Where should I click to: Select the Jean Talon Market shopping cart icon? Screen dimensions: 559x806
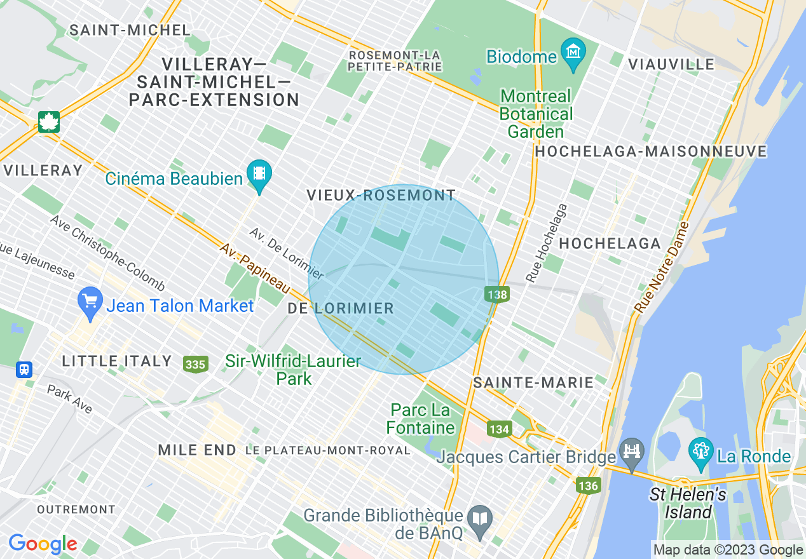pos(90,302)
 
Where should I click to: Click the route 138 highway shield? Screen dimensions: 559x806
pos(496,293)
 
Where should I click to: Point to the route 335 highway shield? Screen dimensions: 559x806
pos(195,364)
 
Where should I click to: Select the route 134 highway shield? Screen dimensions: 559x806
pos(500,429)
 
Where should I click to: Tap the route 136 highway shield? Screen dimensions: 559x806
pos(588,485)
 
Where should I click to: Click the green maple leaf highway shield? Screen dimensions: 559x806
pos(49,121)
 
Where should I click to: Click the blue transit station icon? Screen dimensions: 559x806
pos(24,369)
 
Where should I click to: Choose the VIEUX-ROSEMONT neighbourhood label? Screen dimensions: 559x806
pos(381,196)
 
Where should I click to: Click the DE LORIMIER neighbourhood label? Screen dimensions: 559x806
pos(341,309)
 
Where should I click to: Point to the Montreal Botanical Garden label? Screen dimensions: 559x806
pos(536,114)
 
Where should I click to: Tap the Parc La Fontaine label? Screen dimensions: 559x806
pos(420,419)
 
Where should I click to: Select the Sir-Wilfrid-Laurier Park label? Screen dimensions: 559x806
pos(293,370)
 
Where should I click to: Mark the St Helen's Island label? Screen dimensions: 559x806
pos(688,503)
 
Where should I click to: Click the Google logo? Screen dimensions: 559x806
pos(43,544)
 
